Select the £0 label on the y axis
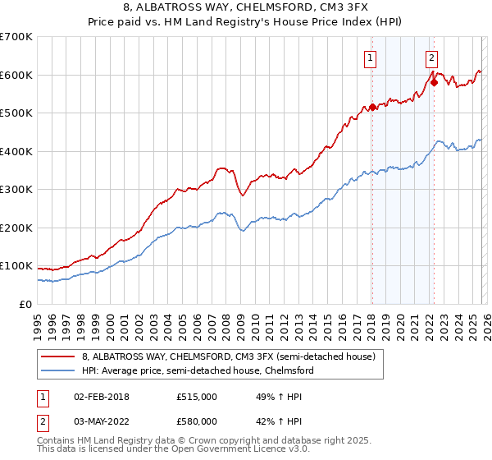point(25,304)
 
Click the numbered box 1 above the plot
point(371,57)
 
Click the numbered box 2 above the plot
point(431,57)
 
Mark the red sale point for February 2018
point(371,107)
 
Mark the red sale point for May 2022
point(434,82)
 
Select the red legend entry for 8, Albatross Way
point(228,356)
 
